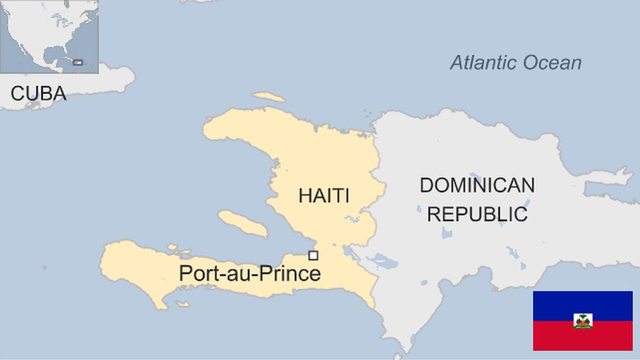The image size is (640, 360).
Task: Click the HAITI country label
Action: pos(323,195)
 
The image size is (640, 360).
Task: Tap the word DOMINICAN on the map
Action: pos(477,186)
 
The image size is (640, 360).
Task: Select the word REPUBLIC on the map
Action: pos(477,214)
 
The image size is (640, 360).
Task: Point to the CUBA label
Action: pos(38,94)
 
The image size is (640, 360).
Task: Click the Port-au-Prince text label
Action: pos(250,273)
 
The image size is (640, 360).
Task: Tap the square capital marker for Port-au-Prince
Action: pos(313,256)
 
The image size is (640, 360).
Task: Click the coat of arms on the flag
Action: pos(582,321)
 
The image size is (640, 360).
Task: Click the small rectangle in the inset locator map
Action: pos(77,62)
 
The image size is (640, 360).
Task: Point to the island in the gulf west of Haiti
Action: pos(242,224)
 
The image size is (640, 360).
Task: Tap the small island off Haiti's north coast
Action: pos(269,97)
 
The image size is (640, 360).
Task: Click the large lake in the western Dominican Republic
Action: pos(382,262)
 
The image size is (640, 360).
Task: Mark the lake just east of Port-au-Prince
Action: pos(346,251)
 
